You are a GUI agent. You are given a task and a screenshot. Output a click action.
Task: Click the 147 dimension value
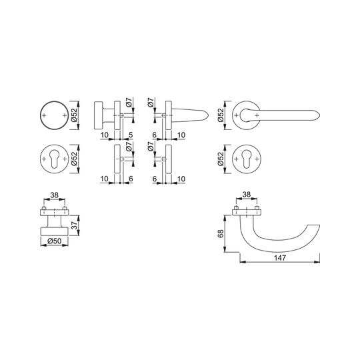[x=280, y=257]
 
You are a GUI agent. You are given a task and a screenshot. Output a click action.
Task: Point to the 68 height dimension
[x=221, y=234]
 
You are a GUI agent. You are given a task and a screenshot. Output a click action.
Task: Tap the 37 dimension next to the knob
[x=75, y=225]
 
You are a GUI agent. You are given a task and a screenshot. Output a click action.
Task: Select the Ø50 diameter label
[x=55, y=241]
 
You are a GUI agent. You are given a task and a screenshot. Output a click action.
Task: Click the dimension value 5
[x=131, y=135]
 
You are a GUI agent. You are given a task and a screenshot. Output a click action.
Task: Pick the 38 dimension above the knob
[x=55, y=195]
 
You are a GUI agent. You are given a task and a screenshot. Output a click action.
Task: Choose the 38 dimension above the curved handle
[x=247, y=195]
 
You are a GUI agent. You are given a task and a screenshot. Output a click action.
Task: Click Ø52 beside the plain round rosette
[x=75, y=115]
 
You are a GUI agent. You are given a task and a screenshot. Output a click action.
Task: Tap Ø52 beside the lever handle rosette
[x=221, y=115]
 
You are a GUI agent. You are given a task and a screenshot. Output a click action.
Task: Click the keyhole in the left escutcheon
[x=55, y=159]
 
